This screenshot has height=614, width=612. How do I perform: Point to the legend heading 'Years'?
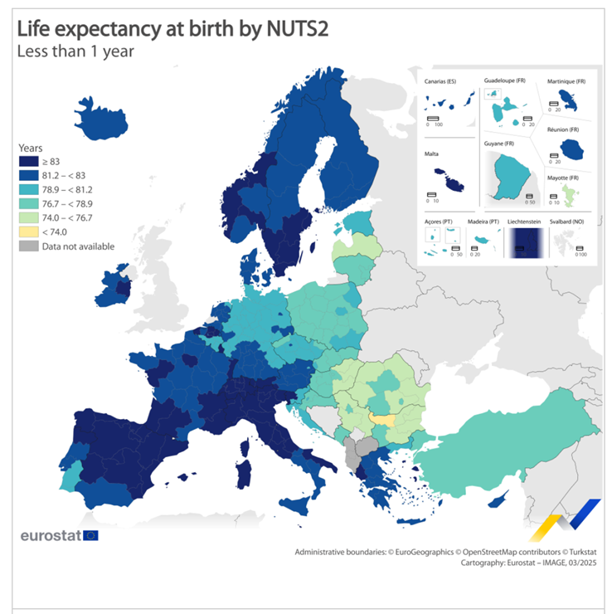pos(31,148)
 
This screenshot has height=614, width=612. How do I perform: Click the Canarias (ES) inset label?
pos(440,81)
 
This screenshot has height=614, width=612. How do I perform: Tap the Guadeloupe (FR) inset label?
pos(505,80)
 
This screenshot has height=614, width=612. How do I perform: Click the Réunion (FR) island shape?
pos(571,149)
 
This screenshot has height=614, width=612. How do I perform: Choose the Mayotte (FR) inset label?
pos(563,178)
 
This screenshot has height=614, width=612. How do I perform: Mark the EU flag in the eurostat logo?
pos(90,535)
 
